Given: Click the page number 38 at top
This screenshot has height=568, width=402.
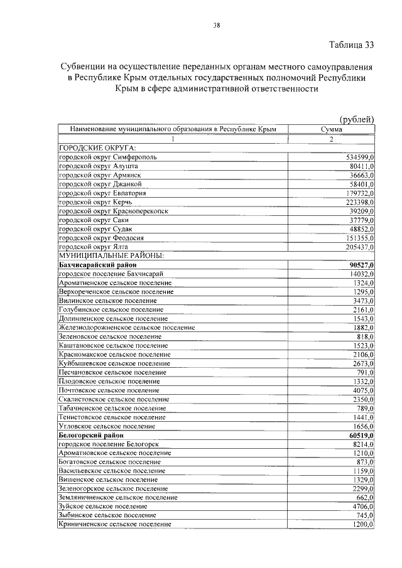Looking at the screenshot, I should point(216,25).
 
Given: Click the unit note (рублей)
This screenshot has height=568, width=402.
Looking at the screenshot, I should point(356,119).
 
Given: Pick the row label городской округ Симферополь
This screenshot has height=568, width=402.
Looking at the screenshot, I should point(112,156).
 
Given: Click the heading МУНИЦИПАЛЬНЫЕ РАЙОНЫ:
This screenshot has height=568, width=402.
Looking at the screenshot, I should point(111,256).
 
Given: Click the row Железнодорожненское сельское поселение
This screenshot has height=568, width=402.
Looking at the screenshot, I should point(126,327).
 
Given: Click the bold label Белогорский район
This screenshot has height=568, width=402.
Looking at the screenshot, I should point(91,435).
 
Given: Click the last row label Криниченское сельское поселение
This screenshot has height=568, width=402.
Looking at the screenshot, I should point(114,524).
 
